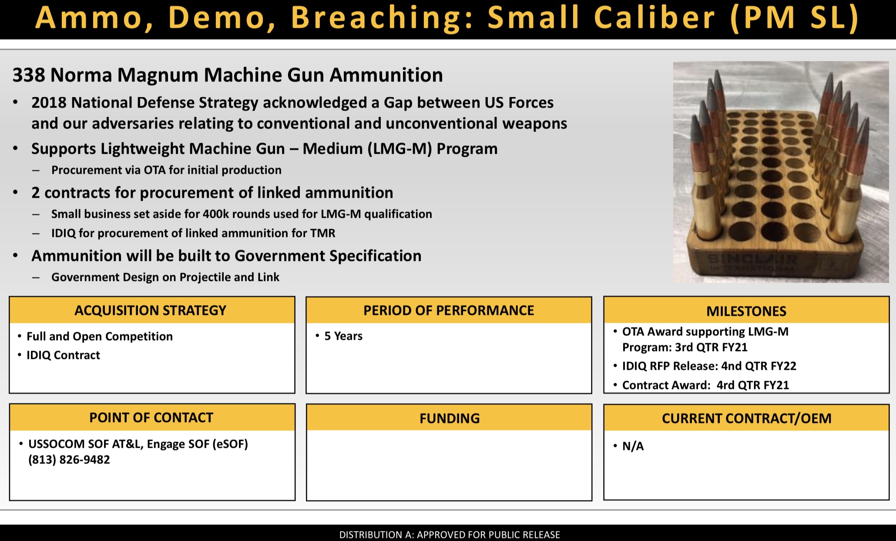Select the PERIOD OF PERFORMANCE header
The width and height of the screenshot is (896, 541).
click(x=449, y=310)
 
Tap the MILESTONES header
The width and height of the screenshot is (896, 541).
click(x=746, y=311)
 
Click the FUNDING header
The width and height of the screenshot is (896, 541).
click(x=449, y=418)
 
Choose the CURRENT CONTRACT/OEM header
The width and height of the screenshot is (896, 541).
click(x=746, y=418)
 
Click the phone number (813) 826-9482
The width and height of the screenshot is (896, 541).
click(x=69, y=460)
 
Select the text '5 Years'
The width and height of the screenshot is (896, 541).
click(x=343, y=336)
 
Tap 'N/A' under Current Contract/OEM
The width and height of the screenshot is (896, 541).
click(x=633, y=446)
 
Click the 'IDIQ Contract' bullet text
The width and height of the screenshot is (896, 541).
click(x=64, y=355)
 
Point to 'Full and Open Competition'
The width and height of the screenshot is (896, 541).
click(x=100, y=336)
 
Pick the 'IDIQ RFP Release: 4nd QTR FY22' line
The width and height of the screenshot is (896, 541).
click(x=709, y=366)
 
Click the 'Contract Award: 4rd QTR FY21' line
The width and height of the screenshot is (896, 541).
click(x=705, y=385)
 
